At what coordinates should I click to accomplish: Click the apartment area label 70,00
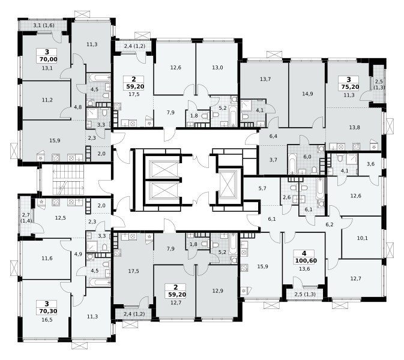48,59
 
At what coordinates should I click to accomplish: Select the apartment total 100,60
306,260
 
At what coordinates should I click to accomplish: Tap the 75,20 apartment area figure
350,87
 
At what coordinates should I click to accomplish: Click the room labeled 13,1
47,68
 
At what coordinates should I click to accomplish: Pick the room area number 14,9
307,94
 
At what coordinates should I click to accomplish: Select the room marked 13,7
265,79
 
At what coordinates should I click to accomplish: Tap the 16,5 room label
47,320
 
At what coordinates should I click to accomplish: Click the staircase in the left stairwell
68,180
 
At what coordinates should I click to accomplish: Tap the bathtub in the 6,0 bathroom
292,164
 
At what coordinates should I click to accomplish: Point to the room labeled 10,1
362,238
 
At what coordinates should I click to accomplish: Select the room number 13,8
355,127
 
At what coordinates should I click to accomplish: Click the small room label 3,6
370,164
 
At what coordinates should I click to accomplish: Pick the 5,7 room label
262,188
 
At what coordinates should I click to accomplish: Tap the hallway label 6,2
330,224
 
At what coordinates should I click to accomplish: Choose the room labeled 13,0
217,67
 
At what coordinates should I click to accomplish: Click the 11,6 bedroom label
47,258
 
